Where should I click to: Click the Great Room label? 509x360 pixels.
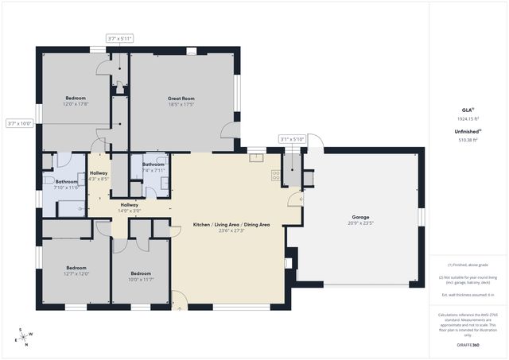click(181, 99)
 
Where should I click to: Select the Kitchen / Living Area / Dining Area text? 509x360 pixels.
click(231, 225)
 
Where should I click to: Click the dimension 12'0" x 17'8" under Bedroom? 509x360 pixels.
click(76, 104)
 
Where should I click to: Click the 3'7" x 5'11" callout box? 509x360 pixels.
click(119, 38)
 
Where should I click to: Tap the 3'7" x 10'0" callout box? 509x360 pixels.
click(19, 123)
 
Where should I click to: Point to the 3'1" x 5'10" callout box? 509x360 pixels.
click(293, 139)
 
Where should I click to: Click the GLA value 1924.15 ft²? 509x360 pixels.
click(468, 118)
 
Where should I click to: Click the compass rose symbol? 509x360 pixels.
click(24, 336)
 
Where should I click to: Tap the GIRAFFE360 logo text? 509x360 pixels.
click(468, 346)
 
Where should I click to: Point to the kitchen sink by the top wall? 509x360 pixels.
click(256, 158)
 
